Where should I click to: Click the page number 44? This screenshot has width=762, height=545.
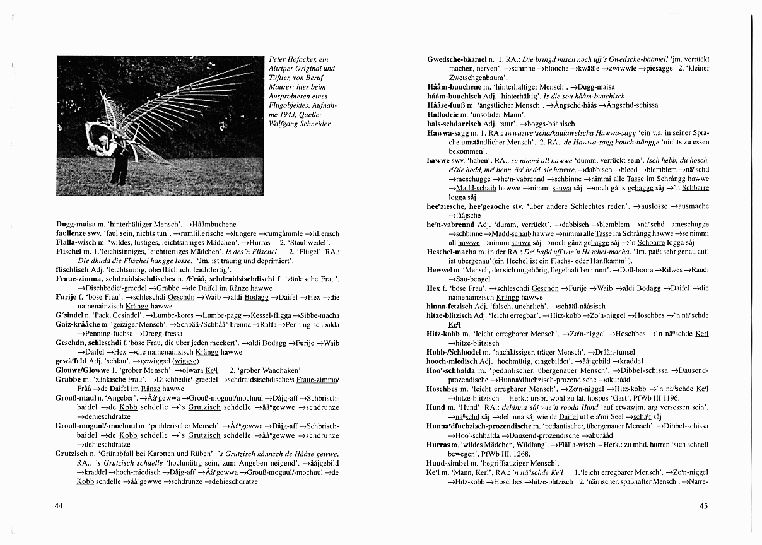pos(59,505)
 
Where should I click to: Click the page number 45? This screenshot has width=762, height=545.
pos(704,505)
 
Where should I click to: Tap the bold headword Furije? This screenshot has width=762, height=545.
pos(66,297)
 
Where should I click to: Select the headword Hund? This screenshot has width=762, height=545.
pos(436,407)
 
